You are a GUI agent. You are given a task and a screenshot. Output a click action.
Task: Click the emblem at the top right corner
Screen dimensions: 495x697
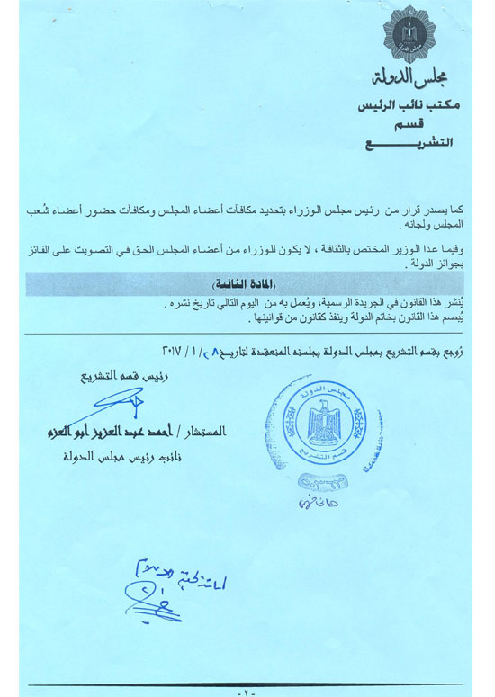pos(409,34)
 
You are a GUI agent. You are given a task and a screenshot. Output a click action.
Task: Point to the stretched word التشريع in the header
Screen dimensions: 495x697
pos(410,144)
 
